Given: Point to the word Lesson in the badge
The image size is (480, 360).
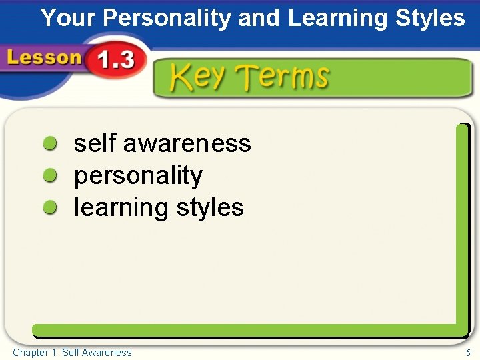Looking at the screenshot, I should click(x=44, y=58).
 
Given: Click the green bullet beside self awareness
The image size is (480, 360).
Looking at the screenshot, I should click(x=50, y=143).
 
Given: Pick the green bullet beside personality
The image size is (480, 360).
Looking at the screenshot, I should click(x=50, y=176).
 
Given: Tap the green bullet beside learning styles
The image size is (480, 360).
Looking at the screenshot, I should click(x=50, y=208).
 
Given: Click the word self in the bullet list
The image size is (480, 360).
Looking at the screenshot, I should click(x=95, y=143).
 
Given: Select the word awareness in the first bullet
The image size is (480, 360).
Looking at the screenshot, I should click(x=187, y=143).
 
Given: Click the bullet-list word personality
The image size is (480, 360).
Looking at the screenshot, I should click(x=138, y=176).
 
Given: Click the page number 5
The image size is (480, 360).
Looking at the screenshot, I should click(x=469, y=353).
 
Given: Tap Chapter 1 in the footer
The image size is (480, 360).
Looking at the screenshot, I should click(x=34, y=353).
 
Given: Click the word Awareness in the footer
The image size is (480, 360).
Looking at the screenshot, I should click(x=107, y=353).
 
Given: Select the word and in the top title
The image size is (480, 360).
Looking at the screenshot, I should click(x=259, y=18).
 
